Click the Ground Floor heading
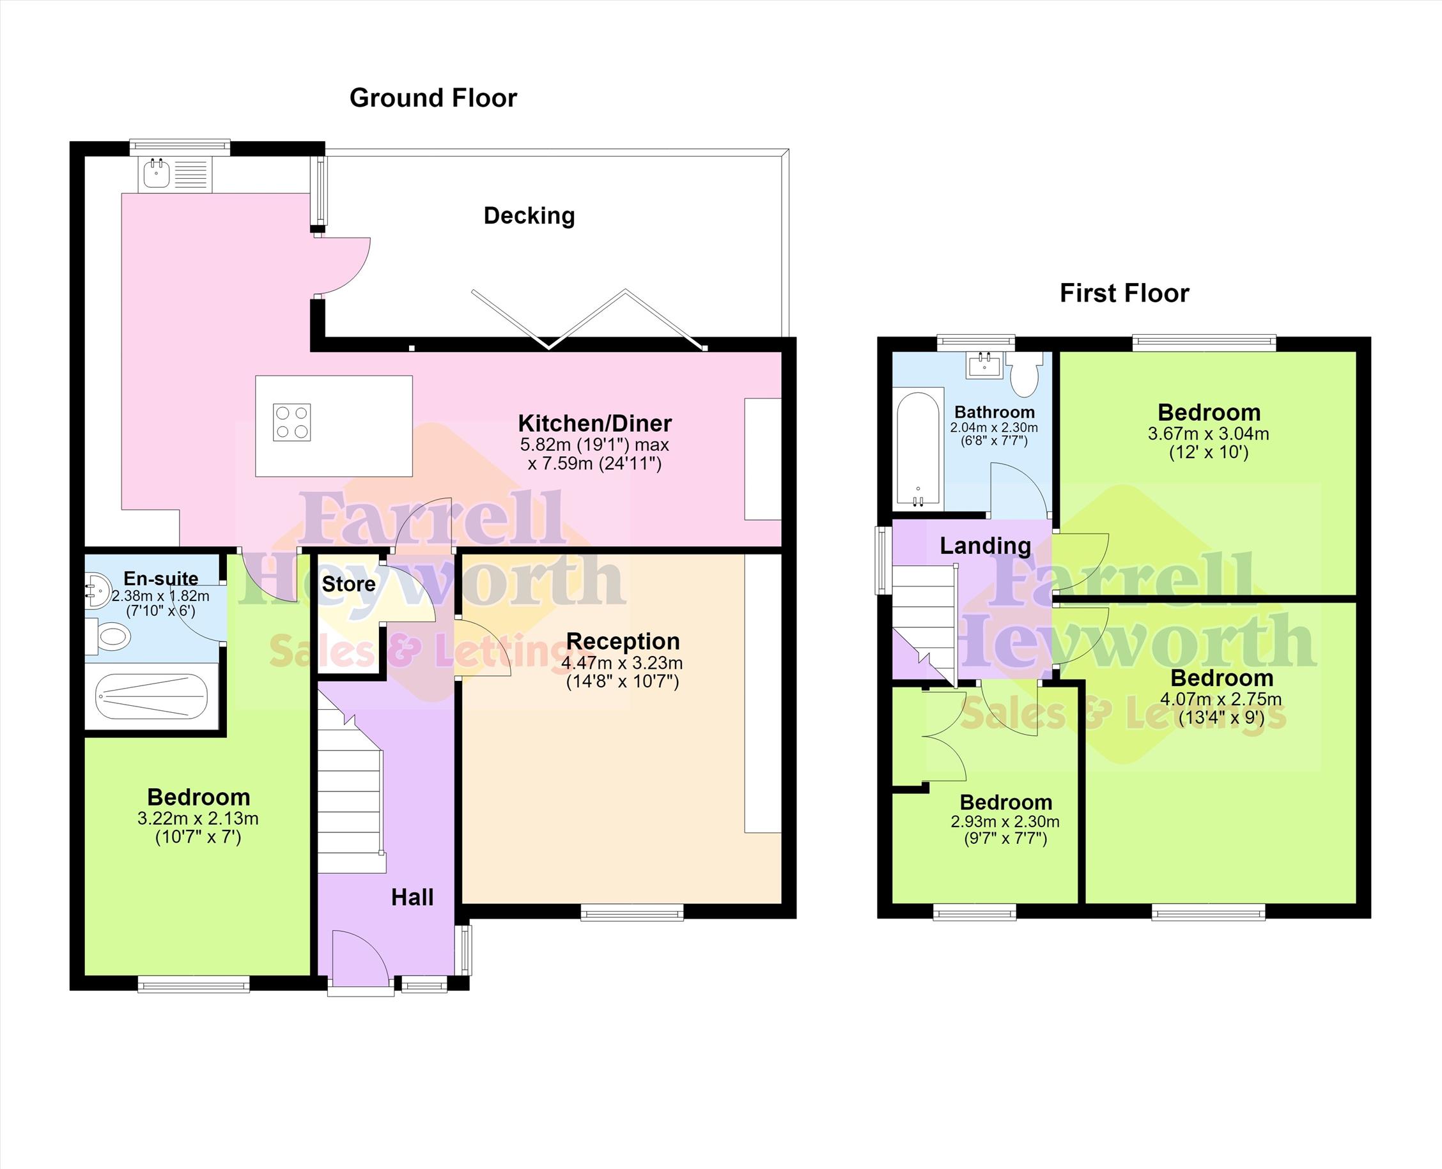point(433,98)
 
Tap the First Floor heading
point(1124,294)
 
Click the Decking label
point(529,215)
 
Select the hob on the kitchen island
point(291,422)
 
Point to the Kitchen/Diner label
point(594,424)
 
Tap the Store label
point(348,584)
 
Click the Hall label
point(412,898)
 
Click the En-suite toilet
point(109,636)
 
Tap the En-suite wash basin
point(98,590)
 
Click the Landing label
point(985,546)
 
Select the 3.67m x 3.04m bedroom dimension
point(1208,434)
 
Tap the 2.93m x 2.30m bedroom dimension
point(1005,821)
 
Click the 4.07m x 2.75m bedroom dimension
point(1221,699)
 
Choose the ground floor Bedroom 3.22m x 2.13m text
point(198,818)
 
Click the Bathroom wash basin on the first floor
point(985,365)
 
